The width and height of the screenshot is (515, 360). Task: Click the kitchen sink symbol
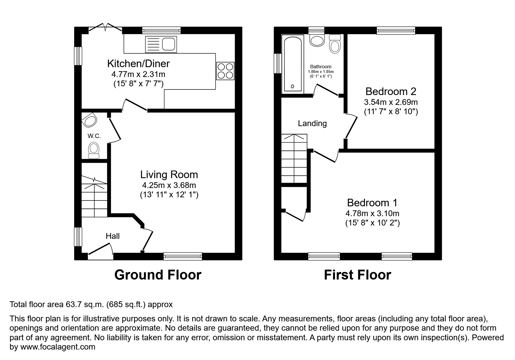click(x=161, y=44)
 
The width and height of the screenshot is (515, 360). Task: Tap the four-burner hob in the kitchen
click(x=225, y=71)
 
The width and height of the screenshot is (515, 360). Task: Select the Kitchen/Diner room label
click(x=138, y=63)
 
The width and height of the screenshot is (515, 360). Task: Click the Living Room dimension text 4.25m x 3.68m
click(x=169, y=185)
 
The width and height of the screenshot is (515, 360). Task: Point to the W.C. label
click(x=94, y=136)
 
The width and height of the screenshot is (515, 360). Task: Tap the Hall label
click(x=113, y=236)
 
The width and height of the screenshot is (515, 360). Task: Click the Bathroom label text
click(x=321, y=67)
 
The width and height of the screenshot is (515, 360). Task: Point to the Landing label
click(x=312, y=123)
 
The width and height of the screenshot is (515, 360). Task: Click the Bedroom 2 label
click(x=391, y=92)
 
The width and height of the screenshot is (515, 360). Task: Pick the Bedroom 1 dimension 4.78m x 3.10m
click(x=372, y=214)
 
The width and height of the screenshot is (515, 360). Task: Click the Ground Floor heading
click(x=158, y=275)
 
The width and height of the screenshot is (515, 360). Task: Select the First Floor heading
click(x=357, y=275)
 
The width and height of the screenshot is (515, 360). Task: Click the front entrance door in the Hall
click(x=101, y=252)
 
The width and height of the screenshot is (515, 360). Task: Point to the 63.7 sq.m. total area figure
click(x=85, y=305)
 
